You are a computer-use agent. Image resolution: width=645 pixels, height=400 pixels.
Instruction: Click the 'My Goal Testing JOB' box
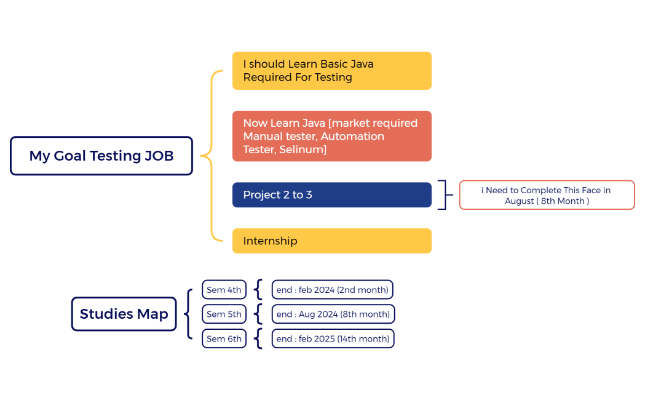click(101, 156)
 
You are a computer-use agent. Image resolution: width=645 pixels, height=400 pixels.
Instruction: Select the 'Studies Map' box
click(124, 314)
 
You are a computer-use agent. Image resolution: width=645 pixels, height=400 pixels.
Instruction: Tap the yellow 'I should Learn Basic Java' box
click(331, 71)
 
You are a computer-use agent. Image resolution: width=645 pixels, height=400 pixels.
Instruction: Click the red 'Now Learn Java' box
click(331, 136)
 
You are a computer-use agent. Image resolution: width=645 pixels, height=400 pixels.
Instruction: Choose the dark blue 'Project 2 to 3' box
click(331, 195)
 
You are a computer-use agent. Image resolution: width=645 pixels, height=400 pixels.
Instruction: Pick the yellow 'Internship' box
click(331, 241)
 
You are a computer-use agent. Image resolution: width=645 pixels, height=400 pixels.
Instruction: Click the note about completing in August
click(547, 195)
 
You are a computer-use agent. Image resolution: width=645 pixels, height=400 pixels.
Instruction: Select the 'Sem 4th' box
click(224, 290)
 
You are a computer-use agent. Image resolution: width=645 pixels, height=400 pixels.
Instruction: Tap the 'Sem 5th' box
click(224, 314)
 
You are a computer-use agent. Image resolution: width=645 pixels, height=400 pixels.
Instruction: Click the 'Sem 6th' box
click(224, 338)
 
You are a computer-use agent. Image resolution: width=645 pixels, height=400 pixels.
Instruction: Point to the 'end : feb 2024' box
click(332, 290)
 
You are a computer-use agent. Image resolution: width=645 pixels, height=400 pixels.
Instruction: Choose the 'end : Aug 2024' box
click(333, 314)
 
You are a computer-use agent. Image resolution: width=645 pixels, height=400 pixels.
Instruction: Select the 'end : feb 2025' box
click(333, 338)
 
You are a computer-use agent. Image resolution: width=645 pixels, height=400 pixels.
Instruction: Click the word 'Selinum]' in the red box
click(303, 150)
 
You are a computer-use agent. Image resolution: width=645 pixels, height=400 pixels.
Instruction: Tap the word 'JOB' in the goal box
click(159, 156)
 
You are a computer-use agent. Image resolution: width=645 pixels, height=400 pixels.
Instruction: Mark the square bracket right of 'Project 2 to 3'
click(443, 195)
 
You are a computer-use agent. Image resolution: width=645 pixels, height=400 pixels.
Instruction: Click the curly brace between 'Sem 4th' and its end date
click(259, 290)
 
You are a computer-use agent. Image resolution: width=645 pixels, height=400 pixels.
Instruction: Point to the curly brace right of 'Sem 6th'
click(259, 338)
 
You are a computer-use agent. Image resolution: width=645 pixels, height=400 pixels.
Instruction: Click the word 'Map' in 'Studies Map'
click(152, 314)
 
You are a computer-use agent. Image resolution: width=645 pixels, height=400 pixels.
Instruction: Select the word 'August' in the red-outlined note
click(520, 201)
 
